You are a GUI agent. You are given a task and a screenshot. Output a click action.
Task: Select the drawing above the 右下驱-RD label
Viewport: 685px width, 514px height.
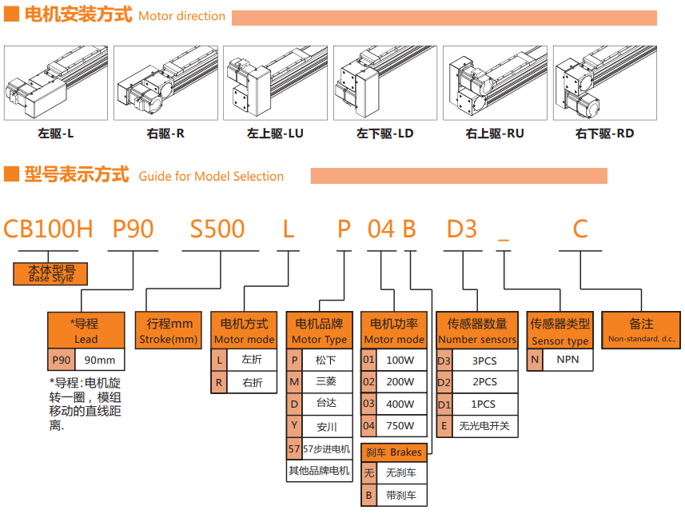click(603, 83)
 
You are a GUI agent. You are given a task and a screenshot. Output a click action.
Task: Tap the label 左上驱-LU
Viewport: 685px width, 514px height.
click(275, 133)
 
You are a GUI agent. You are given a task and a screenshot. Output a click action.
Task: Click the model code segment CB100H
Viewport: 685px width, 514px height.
click(49, 229)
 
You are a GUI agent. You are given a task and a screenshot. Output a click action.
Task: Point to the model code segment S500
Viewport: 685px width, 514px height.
click(217, 229)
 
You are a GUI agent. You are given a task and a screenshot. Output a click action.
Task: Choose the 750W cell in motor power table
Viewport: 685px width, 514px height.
click(400, 426)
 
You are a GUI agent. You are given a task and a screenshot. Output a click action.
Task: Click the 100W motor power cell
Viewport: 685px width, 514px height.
click(400, 361)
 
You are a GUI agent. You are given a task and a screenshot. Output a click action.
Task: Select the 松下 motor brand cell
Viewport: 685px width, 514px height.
click(326, 361)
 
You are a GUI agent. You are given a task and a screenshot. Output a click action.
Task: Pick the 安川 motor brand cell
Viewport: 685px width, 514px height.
click(326, 426)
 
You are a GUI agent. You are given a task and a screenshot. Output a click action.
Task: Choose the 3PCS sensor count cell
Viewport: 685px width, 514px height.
click(484, 361)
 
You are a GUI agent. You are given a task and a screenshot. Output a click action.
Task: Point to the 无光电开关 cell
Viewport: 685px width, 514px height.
click(484, 426)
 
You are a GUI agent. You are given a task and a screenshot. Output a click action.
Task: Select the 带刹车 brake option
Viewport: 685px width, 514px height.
click(400, 495)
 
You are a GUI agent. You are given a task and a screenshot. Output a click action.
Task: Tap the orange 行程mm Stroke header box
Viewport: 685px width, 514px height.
click(169, 331)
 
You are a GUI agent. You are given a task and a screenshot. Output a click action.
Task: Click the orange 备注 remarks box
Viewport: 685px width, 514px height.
click(642, 331)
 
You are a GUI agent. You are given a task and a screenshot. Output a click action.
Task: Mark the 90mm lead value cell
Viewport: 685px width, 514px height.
click(100, 361)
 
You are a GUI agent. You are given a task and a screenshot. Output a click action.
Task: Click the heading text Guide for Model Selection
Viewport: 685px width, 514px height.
click(211, 177)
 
